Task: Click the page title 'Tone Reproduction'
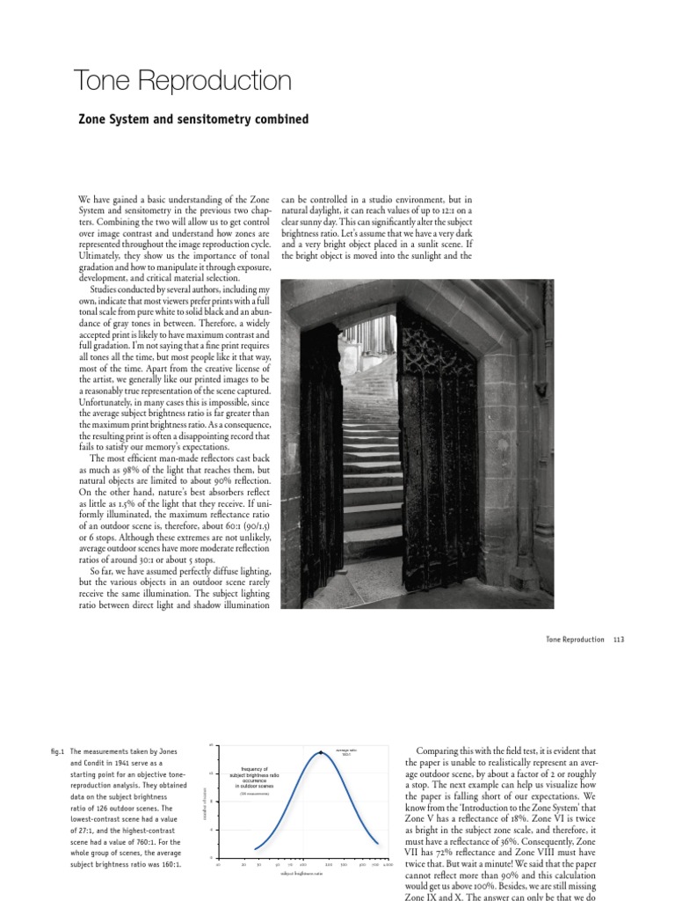coord(183,82)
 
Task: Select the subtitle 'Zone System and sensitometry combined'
coord(193,119)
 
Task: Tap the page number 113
coord(618,640)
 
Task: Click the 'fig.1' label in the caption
coord(58,752)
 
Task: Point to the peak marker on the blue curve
coord(322,753)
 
